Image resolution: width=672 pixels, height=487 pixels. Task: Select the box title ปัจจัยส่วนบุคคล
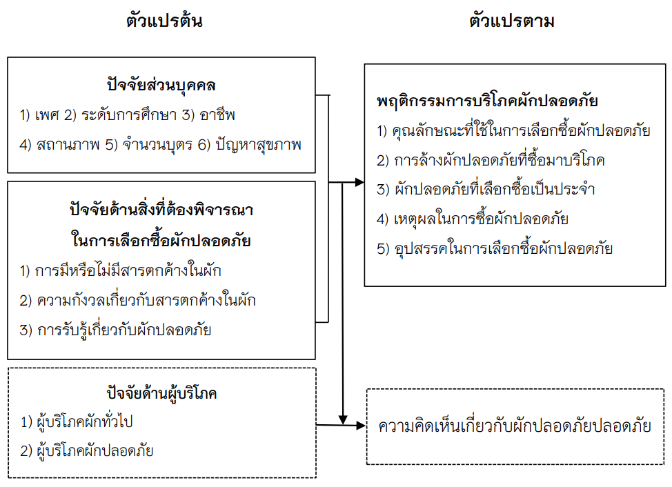[x=161, y=86]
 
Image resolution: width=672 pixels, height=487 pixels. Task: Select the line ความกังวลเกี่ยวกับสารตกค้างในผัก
[x=141, y=300]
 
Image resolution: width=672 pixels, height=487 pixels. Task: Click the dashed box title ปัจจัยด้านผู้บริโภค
[x=161, y=394]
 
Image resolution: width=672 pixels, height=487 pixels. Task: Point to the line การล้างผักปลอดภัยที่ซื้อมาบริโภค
[x=491, y=160]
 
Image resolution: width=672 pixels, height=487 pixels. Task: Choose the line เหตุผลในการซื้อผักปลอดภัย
[x=473, y=219]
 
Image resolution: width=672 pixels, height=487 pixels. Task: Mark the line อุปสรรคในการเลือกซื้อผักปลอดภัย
[x=495, y=249]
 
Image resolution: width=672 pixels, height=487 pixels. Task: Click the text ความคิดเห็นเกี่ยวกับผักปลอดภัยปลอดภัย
[x=515, y=426]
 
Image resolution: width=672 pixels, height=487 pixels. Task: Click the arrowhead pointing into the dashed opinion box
[x=361, y=426]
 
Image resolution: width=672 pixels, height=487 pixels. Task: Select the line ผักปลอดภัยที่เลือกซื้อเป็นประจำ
[x=486, y=190]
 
